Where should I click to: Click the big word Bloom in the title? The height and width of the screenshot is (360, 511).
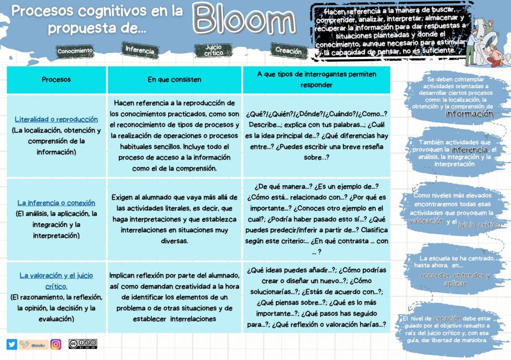point(245,21)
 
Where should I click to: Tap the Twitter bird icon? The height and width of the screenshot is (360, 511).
point(11,344)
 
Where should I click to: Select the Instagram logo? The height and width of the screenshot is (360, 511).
point(56,344)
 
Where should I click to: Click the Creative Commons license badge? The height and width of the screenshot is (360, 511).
point(83,344)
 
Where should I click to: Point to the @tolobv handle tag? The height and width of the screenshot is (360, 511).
point(33,344)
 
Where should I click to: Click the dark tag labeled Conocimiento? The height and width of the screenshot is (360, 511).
point(75,51)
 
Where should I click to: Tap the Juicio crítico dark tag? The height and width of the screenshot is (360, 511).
point(213,50)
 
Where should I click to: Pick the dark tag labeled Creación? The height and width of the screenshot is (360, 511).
point(288,50)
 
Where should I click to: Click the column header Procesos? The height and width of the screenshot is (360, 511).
point(56,79)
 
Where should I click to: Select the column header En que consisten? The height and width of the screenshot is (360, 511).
point(174,79)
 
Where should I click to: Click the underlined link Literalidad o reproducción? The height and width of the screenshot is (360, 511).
point(56,120)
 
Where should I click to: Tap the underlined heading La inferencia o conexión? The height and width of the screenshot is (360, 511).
point(56,203)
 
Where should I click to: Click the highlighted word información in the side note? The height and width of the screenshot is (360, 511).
point(469,114)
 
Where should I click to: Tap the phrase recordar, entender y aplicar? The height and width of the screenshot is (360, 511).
point(455,279)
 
